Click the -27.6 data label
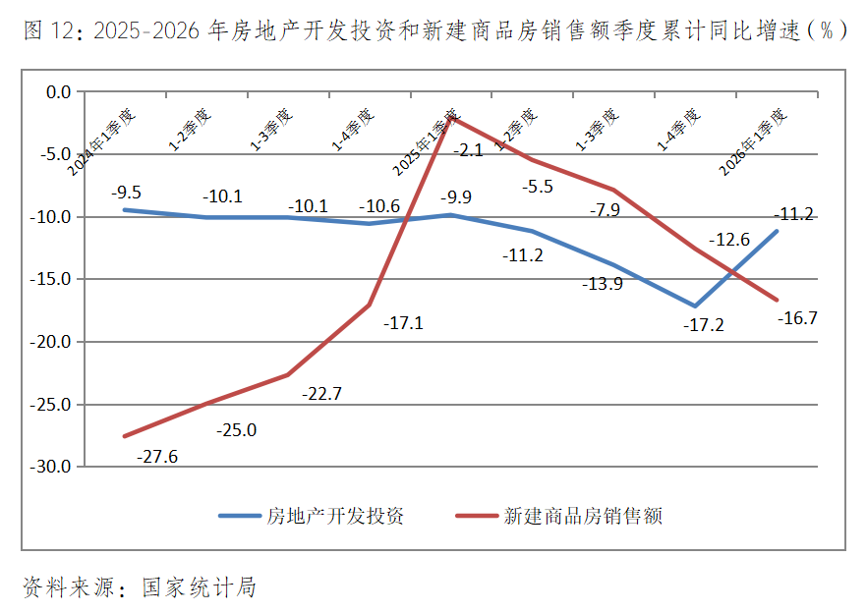pos(157,457)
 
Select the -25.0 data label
pos(236,430)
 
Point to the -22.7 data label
pos(322,394)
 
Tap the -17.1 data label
pos(403,322)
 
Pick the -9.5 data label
pos(126,193)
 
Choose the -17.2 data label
pos(704,325)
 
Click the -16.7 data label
pos(798,318)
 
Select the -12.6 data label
pos(730,240)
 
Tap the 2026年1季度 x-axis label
pos(754,141)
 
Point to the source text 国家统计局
pos(200,587)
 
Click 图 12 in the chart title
pos(48,30)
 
